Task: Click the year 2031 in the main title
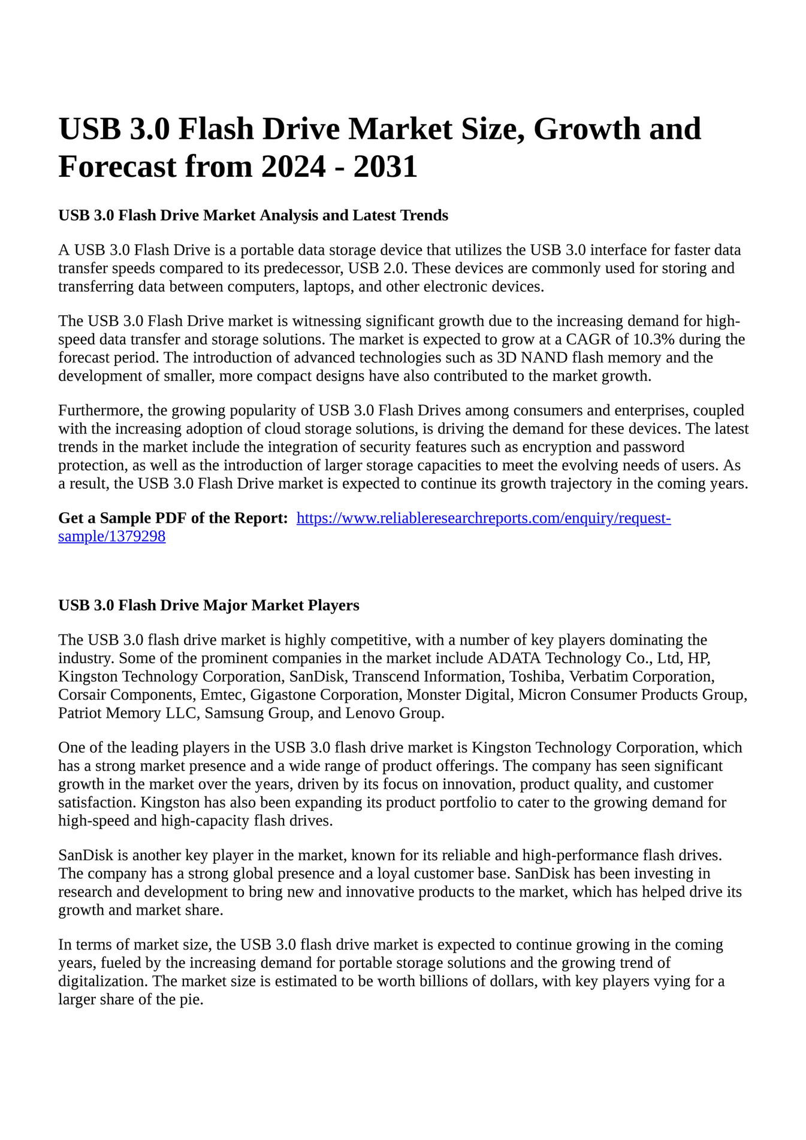point(385,167)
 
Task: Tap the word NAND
point(547,358)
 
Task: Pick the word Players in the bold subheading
point(333,605)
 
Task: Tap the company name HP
point(698,658)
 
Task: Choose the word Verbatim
point(597,676)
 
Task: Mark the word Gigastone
point(283,694)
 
